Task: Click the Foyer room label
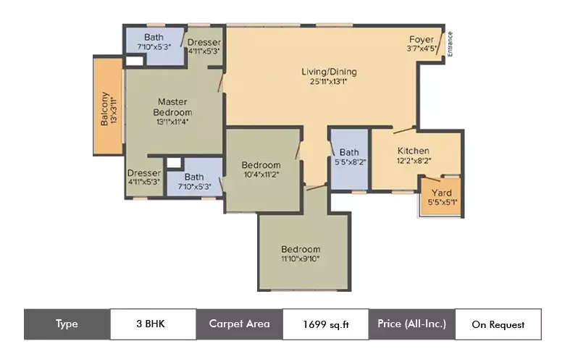[421, 39]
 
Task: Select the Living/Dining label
[329, 72]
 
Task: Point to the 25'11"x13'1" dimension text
[329, 81]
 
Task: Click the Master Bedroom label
[173, 107]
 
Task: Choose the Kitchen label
[413, 151]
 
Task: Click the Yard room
[441, 196]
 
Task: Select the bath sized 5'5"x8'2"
[349, 157]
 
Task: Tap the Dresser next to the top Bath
[204, 46]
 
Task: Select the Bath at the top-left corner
[154, 42]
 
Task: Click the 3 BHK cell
[153, 324]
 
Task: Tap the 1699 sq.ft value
[325, 324]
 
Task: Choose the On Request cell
[498, 324]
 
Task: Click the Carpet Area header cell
[239, 324]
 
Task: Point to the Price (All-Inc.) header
[411, 324]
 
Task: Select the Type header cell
[67, 324]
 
